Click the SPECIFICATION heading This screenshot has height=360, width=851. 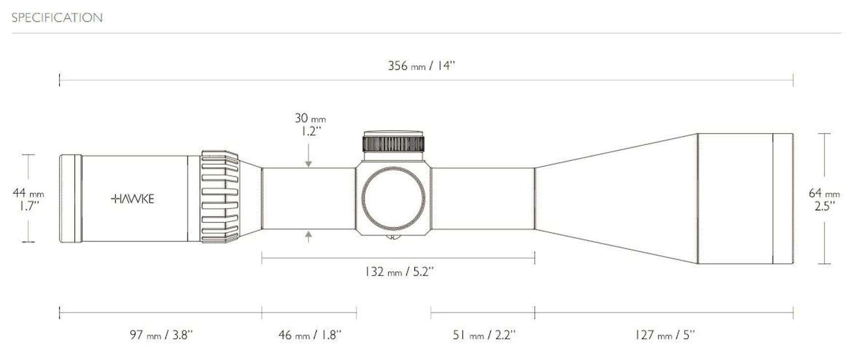[57, 18]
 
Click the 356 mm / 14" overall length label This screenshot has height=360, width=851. [422, 66]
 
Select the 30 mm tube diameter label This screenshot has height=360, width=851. [310, 119]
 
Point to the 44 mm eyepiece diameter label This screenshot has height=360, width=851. [28, 193]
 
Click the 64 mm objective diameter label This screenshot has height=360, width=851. [824, 194]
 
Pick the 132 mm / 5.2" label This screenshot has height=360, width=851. [399, 272]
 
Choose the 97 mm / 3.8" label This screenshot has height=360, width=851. [161, 335]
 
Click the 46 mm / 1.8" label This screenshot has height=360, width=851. [309, 335]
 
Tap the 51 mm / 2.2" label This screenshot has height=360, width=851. [484, 335]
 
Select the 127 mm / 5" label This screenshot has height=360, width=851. [665, 335]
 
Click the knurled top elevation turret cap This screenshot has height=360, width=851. [394, 143]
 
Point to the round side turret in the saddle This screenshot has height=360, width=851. [393, 199]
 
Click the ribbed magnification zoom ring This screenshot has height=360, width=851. [220, 197]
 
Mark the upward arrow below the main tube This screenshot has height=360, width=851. [308, 237]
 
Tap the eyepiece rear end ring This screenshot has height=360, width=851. [70, 199]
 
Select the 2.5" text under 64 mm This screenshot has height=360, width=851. [824, 207]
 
